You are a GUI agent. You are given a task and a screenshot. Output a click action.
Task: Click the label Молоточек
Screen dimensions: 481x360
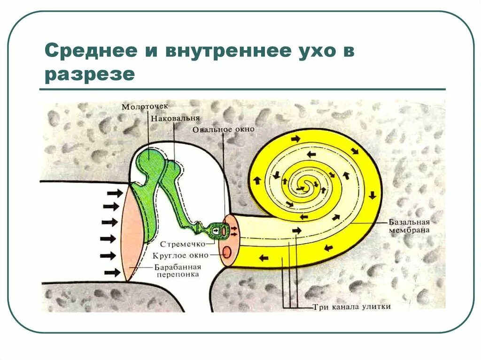pyautogui.click(x=144, y=107)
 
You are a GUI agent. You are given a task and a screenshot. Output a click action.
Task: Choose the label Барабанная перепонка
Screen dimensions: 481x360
pyautogui.click(x=177, y=271)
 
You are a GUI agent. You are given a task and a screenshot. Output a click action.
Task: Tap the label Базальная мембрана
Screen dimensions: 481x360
pyautogui.click(x=408, y=226)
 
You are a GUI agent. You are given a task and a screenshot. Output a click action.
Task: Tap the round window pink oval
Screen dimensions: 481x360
pyautogui.click(x=227, y=252)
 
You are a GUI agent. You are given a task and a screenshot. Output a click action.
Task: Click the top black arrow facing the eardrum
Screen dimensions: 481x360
pyautogui.click(x=115, y=193)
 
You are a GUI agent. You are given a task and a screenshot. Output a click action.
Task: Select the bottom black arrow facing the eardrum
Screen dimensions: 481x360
pyautogui.click(x=112, y=272)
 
